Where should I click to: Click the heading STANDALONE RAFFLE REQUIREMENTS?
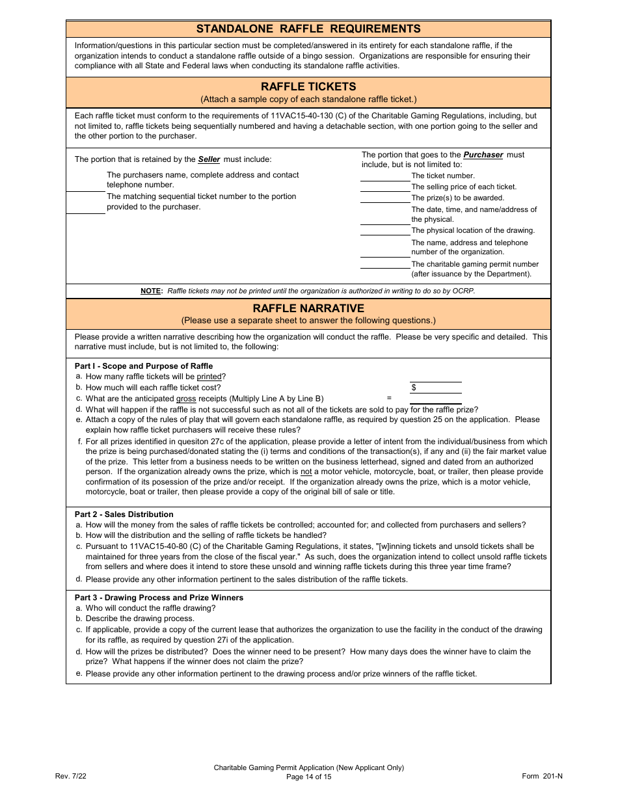point(308,29)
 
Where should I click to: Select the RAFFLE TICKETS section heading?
point(308,87)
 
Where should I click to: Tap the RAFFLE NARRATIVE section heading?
point(308,308)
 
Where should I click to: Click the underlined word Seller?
point(209,159)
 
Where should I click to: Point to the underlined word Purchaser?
point(483,155)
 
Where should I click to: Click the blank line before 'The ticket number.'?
point(385,176)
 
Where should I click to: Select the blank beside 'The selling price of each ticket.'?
point(385,187)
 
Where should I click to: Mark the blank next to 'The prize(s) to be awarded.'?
point(385,198)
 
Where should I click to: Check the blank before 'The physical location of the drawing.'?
point(385,231)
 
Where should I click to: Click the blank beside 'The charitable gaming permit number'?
point(385,265)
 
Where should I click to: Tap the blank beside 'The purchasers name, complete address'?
point(85,186)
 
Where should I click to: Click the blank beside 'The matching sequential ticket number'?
point(85,208)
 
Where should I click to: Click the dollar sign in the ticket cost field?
point(414,388)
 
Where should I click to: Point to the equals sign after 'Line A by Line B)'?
point(389,398)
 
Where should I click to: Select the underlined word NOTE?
point(151,291)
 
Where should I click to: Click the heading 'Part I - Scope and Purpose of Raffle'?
point(144,366)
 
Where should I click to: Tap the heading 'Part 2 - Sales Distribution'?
point(124,514)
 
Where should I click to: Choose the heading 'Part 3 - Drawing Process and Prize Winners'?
point(159,598)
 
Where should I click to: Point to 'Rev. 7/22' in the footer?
point(71,776)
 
